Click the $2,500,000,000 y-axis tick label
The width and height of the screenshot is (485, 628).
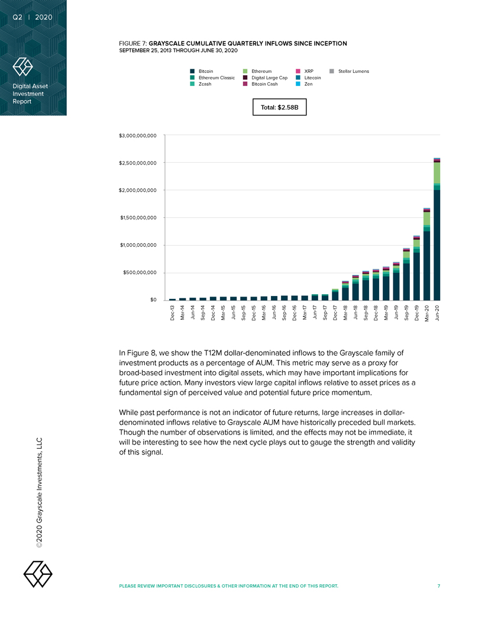tap(138, 163)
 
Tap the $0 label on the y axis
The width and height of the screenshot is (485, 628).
tap(153, 300)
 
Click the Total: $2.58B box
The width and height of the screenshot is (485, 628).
tap(279, 108)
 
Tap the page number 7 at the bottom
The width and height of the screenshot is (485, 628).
tap(439, 586)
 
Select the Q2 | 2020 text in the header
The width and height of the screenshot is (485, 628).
tap(33, 17)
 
